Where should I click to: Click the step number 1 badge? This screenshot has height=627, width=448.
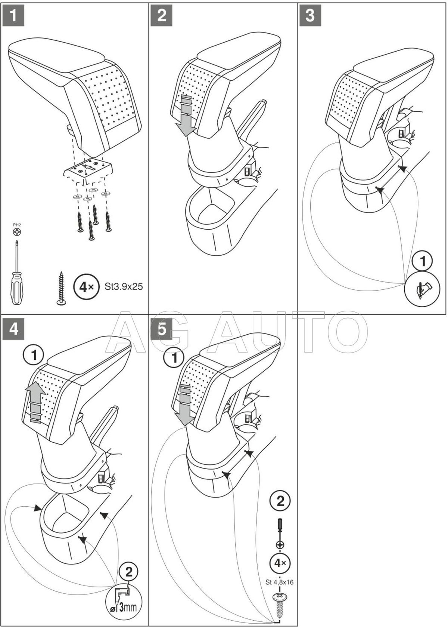(x=13, y=15)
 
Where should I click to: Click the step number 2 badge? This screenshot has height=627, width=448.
(x=162, y=15)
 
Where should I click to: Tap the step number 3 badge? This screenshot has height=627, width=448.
(x=310, y=15)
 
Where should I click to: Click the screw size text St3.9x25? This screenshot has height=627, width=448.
(x=124, y=287)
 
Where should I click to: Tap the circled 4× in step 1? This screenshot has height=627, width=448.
(x=86, y=287)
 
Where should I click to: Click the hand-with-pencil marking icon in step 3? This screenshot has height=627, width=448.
(x=423, y=288)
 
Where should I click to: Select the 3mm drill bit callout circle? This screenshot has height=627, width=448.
(x=124, y=597)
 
